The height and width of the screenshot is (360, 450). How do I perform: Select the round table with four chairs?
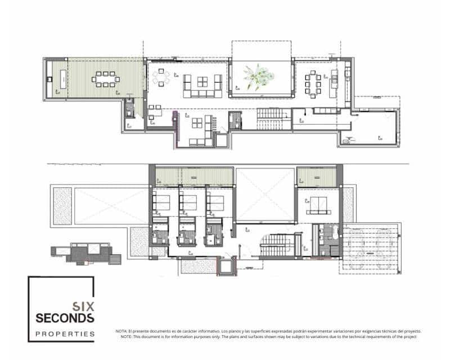(162, 77)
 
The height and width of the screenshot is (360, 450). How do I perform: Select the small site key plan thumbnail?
(85, 253)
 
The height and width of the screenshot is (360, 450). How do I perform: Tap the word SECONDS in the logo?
(65, 318)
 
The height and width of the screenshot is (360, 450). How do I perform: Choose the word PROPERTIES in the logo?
(65, 334)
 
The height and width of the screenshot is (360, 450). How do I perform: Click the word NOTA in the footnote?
(121, 331)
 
